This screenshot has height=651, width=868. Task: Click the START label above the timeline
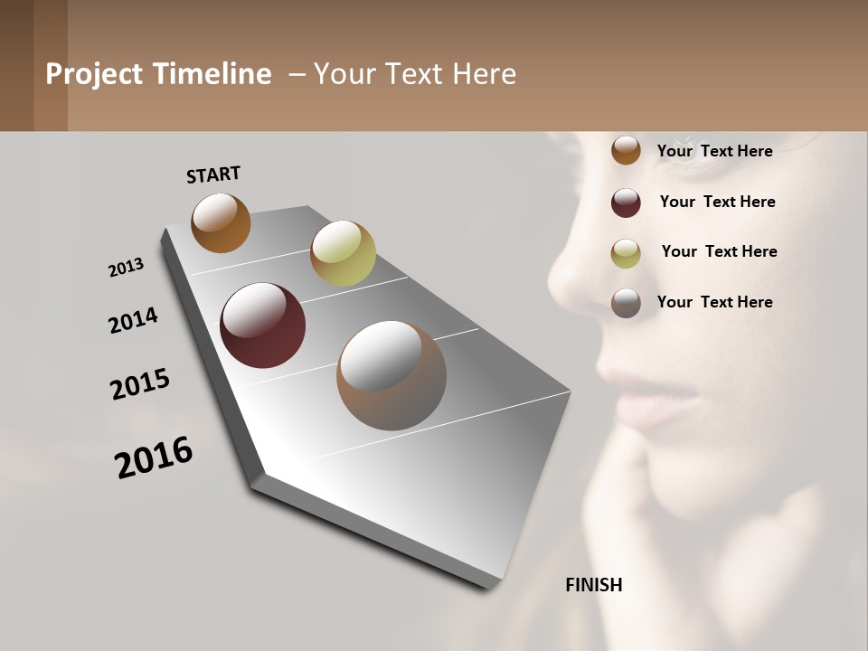tap(213, 175)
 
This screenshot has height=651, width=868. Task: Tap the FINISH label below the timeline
tap(593, 585)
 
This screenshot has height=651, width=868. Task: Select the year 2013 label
tap(126, 268)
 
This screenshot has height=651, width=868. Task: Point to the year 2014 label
tap(133, 320)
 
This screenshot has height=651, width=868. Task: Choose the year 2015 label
tap(140, 384)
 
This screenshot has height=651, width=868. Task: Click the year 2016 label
tap(154, 458)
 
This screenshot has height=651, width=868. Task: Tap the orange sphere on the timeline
tap(221, 222)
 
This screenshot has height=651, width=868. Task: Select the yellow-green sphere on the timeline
tap(343, 253)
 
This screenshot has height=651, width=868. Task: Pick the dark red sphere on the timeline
tap(262, 325)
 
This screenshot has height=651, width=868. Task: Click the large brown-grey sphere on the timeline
tap(392, 375)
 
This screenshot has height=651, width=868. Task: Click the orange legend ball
tap(626, 150)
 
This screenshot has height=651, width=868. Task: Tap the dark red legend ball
tap(626, 203)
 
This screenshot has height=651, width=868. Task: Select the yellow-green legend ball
tap(626, 253)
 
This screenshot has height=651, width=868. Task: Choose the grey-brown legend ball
tap(626, 303)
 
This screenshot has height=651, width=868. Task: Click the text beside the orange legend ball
tap(714, 151)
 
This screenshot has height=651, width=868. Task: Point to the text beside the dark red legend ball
tap(717, 202)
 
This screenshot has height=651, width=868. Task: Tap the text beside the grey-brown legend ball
tap(714, 302)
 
